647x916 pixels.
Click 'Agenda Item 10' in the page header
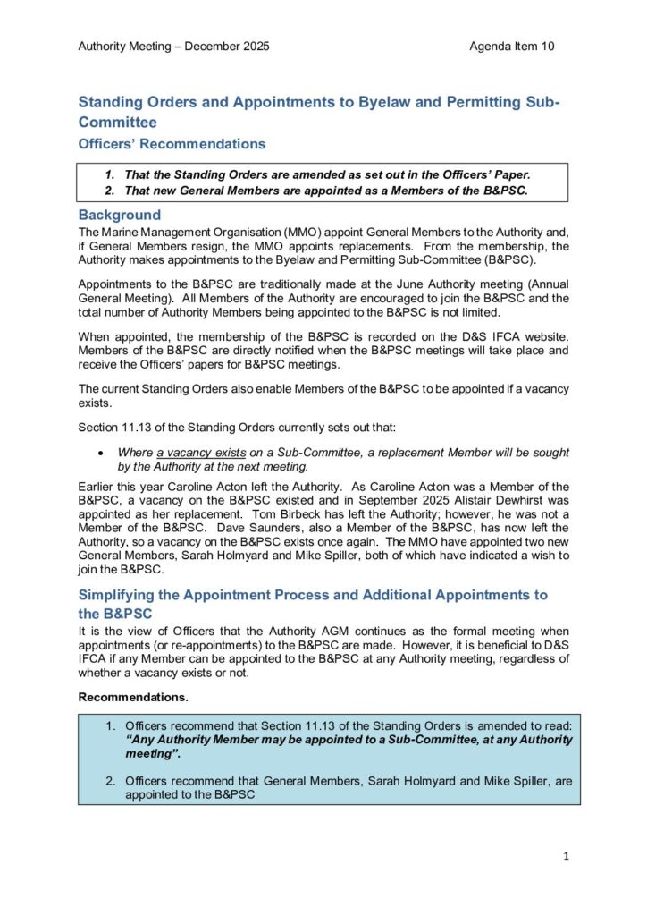coord(511,46)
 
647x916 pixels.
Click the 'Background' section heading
coord(120,216)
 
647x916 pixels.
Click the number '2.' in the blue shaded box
coord(112,781)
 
